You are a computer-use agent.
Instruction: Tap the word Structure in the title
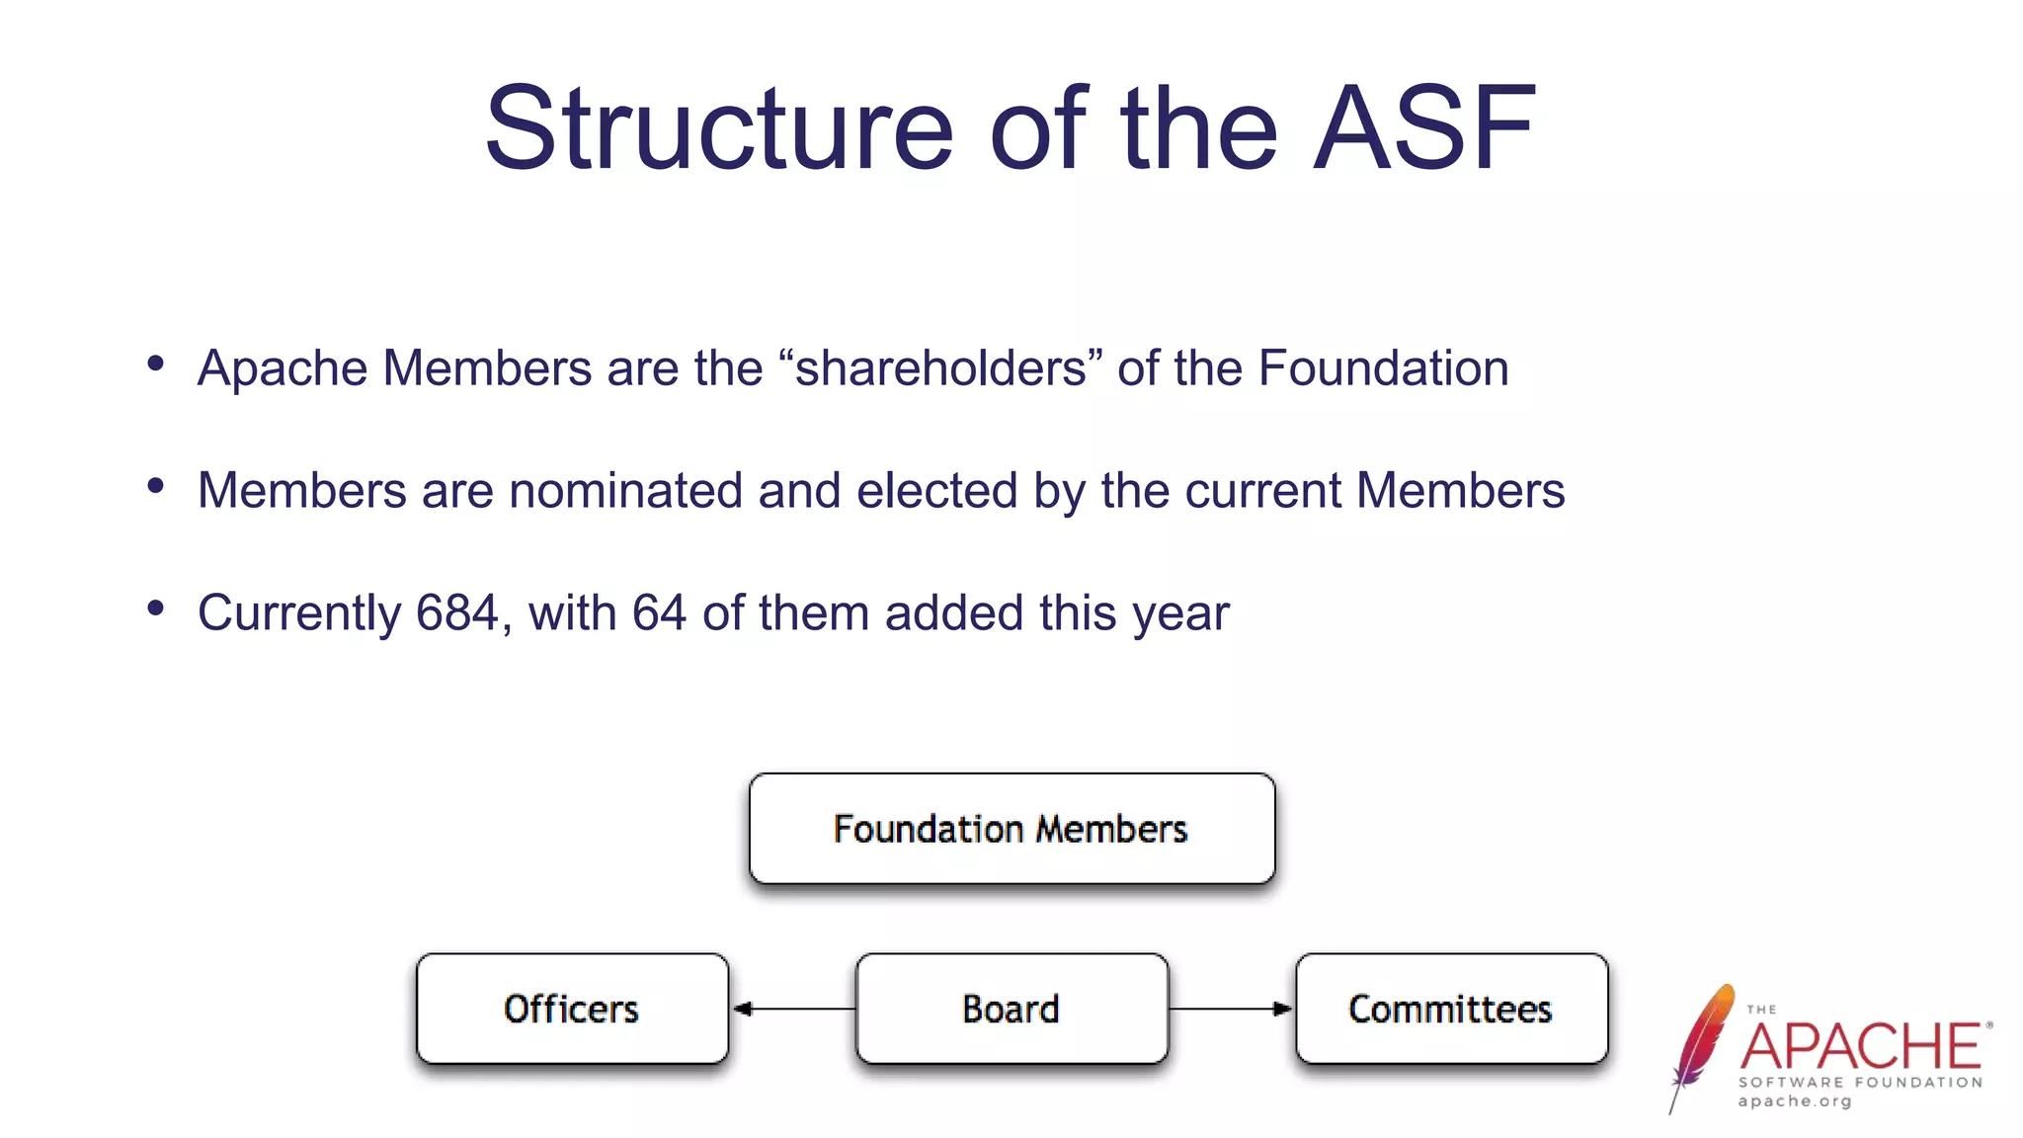click(x=719, y=128)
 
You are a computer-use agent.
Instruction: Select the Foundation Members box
click(x=1011, y=829)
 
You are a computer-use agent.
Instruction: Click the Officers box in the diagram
click(x=572, y=1009)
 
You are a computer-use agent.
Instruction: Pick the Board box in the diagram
click(x=1011, y=1009)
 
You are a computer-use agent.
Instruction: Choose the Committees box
click(x=1451, y=1009)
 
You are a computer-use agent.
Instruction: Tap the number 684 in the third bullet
click(x=456, y=613)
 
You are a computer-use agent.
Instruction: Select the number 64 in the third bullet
click(x=659, y=613)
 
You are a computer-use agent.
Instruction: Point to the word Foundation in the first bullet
click(x=1383, y=368)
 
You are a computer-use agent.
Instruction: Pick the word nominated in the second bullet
click(x=625, y=491)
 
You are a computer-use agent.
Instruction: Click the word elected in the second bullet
click(x=936, y=491)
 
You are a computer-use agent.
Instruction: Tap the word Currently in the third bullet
click(x=299, y=613)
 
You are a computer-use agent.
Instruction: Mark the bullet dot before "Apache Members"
click(x=155, y=364)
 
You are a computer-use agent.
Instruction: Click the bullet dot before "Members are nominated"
click(x=155, y=486)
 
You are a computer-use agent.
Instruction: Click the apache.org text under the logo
click(x=1795, y=1101)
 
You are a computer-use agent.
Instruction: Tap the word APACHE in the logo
click(x=1861, y=1047)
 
